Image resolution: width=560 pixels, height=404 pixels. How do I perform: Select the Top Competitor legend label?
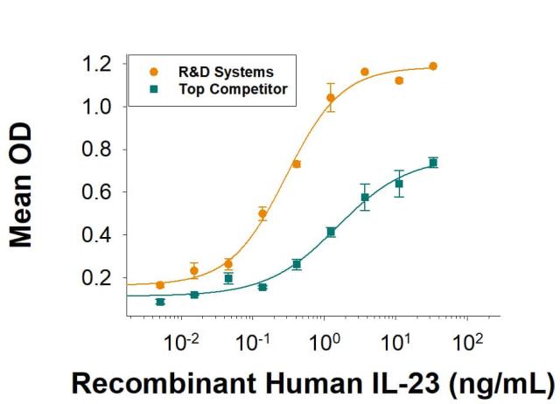[x=230, y=89]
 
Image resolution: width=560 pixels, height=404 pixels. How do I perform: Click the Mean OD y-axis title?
[x=21, y=186]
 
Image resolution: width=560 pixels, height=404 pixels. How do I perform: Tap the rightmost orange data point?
[x=433, y=66]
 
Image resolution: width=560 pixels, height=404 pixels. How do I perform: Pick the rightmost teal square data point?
[x=433, y=162]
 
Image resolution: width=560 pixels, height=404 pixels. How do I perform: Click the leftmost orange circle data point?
[x=160, y=285]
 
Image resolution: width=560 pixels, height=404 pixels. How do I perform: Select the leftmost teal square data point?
[x=160, y=302]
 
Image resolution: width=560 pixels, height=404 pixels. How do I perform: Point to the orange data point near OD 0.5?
[x=262, y=213]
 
